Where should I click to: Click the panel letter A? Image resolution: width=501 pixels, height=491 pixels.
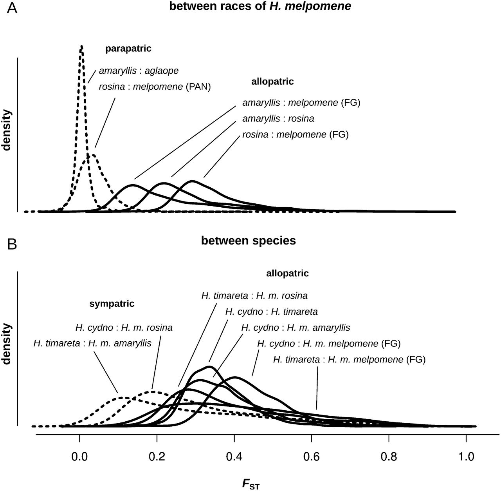pos(12,9)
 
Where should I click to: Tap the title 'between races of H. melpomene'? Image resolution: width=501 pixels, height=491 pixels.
pos(260,7)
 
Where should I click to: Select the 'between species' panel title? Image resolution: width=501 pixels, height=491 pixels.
pos(249,240)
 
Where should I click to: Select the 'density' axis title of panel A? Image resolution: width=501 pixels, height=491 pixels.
pos(7,130)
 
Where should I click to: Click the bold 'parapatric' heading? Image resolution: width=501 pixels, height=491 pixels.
pos(128,49)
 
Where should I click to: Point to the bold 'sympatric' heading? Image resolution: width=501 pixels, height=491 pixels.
pos(112,303)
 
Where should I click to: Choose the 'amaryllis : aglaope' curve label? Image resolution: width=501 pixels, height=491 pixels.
pos(139,71)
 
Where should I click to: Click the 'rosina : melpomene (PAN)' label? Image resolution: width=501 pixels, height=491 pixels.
pos(155,86)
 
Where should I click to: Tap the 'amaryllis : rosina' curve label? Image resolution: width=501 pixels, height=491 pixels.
pos(278,118)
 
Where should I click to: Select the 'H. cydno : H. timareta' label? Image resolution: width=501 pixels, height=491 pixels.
pos(272,312)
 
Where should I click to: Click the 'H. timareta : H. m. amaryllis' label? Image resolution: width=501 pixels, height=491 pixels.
pos(92,343)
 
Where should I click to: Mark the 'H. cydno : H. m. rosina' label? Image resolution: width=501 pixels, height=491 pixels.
pos(124,327)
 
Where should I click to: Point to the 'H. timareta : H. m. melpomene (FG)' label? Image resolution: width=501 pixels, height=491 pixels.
pos(349,359)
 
